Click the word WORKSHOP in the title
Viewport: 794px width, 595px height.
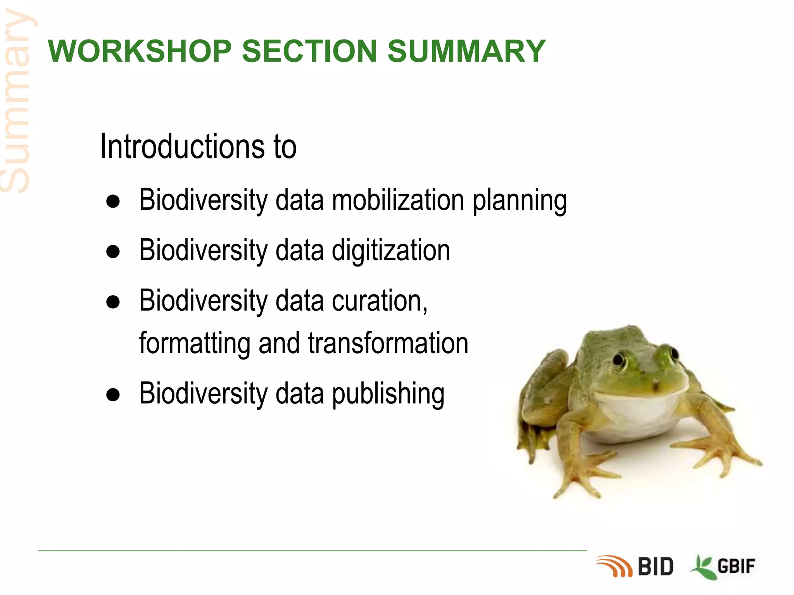[x=140, y=51]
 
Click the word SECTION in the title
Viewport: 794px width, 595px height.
[x=309, y=51]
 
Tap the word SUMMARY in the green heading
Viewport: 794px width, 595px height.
[x=466, y=51]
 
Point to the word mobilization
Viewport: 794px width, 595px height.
[x=398, y=200]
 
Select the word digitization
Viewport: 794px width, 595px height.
[x=391, y=251]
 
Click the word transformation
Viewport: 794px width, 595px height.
[x=388, y=343]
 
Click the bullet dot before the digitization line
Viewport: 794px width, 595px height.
[x=113, y=252]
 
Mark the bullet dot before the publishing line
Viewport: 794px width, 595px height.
[x=113, y=395]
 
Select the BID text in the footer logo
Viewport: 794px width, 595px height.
[x=656, y=567]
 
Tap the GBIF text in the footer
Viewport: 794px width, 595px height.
[x=736, y=567]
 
